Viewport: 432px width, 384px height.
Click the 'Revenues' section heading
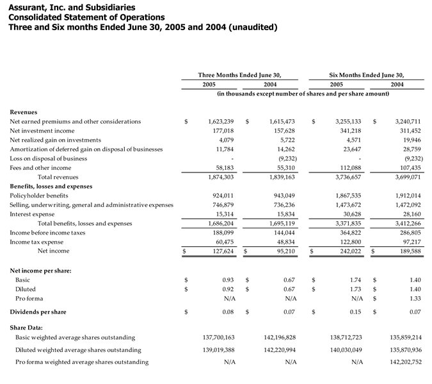coord(24,112)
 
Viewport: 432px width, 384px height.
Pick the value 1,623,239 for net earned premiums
coord(221,121)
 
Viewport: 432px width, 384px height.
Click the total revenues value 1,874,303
coord(221,176)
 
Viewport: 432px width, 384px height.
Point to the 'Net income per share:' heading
coord(41,271)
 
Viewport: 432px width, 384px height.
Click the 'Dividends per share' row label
coord(38,312)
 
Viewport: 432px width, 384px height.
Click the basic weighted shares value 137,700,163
coord(218,337)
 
